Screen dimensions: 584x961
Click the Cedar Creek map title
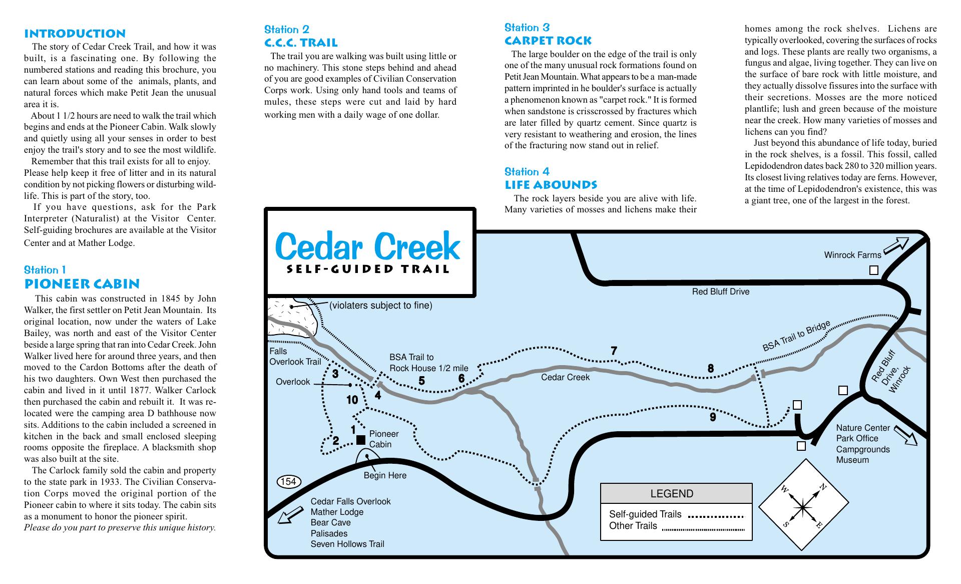tap(367, 246)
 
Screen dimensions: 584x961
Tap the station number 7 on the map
tap(614, 351)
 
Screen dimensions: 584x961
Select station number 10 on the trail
tap(352, 400)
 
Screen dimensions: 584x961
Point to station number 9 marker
tap(713, 417)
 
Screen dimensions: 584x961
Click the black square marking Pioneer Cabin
tap(360, 440)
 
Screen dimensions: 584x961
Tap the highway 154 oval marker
tap(289, 482)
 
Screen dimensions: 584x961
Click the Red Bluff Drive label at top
tap(720, 291)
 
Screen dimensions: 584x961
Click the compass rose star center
tap(803, 508)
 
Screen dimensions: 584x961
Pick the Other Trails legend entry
tap(633, 526)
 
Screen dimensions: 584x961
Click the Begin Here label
tap(385, 475)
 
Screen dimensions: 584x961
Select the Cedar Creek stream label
tap(565, 377)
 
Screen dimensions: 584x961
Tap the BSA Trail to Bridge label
tap(796, 336)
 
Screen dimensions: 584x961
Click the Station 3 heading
tap(527, 28)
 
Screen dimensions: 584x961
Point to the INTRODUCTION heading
tap(75, 34)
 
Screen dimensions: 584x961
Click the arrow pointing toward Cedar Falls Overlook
tap(290, 515)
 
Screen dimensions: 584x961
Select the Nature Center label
tap(863, 428)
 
